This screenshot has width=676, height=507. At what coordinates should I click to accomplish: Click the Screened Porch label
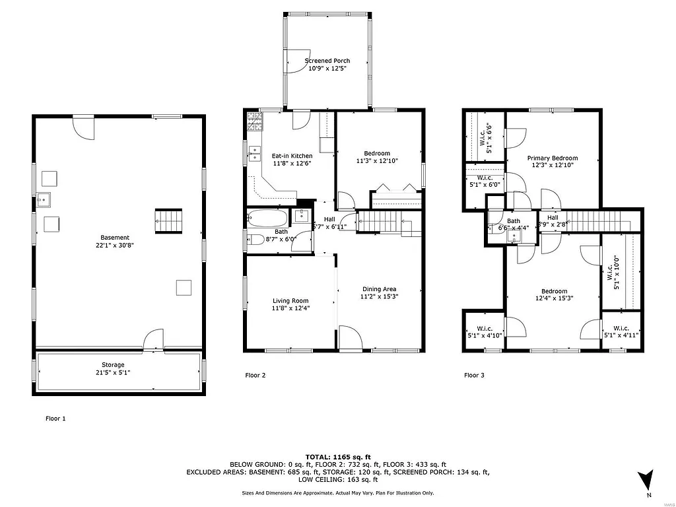(x=327, y=61)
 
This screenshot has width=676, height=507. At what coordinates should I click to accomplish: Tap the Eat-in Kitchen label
(x=292, y=156)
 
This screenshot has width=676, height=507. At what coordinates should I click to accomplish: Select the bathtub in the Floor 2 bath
(x=267, y=217)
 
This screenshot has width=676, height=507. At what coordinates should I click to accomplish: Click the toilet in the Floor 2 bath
(x=254, y=240)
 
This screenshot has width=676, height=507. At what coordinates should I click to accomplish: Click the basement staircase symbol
(x=168, y=220)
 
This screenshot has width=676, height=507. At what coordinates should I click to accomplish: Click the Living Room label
(x=290, y=301)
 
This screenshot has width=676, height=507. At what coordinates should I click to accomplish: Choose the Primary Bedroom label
(x=552, y=158)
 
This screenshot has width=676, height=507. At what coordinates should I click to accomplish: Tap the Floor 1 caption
(x=55, y=418)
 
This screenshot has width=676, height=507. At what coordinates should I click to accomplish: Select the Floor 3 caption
(x=474, y=375)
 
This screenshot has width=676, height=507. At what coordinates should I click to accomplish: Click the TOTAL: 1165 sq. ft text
(x=338, y=456)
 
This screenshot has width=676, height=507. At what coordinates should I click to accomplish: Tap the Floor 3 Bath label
(x=514, y=221)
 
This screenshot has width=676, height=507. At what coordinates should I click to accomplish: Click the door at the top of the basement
(x=84, y=125)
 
